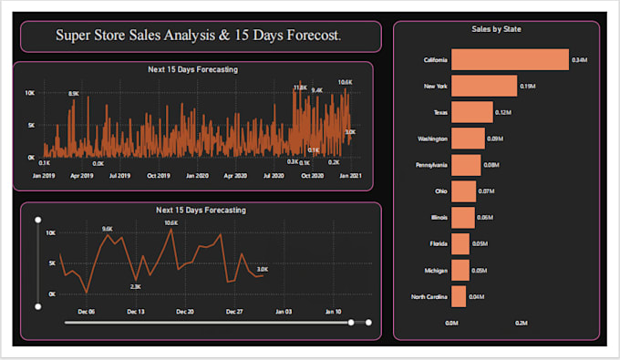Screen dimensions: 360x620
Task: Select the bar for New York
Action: click(483, 86)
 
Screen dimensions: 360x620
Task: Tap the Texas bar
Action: click(471, 112)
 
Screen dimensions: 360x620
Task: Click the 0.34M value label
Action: click(578, 60)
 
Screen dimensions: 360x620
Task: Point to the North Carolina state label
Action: click(429, 297)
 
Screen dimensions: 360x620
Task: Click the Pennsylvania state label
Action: click(430, 166)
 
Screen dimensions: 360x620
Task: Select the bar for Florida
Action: click(460, 244)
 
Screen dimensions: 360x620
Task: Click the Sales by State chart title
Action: click(496, 29)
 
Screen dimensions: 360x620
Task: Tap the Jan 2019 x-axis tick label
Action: click(44, 175)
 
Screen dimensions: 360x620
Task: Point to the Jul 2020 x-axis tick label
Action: click(274, 175)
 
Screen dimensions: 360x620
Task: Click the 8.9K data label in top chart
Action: click(73, 94)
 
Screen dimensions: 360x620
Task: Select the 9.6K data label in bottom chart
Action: click(108, 230)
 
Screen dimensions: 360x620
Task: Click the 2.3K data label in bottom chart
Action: click(136, 286)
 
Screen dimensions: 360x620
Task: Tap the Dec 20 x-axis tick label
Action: click(184, 312)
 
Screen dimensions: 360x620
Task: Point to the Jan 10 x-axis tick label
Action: click(334, 312)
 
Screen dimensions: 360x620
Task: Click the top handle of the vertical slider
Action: click(37, 220)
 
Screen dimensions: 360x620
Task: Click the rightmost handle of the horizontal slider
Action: click(367, 322)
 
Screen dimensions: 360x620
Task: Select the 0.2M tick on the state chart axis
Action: click(522, 323)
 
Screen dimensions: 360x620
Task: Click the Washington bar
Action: click(468, 139)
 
